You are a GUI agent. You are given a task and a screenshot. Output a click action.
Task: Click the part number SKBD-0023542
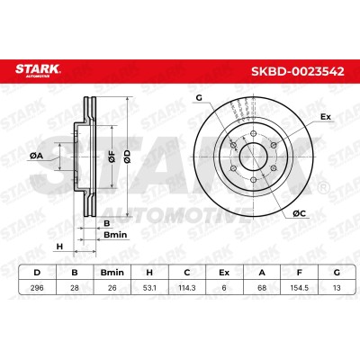(x=297, y=72)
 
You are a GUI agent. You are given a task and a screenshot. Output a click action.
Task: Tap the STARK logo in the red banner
(x=38, y=70)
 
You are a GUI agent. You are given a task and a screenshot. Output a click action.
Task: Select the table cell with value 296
(x=37, y=288)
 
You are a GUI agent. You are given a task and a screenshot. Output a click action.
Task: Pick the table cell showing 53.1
(x=149, y=288)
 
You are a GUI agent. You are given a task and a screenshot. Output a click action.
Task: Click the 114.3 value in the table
(x=187, y=288)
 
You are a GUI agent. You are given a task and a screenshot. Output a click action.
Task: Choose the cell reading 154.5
(x=299, y=288)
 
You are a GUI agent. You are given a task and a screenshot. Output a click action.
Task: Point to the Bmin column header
(x=112, y=273)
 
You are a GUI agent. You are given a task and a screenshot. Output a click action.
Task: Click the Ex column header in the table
(x=224, y=273)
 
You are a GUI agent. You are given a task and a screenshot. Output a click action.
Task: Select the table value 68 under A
(x=262, y=288)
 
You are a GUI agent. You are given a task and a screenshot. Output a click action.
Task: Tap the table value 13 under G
(x=337, y=288)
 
